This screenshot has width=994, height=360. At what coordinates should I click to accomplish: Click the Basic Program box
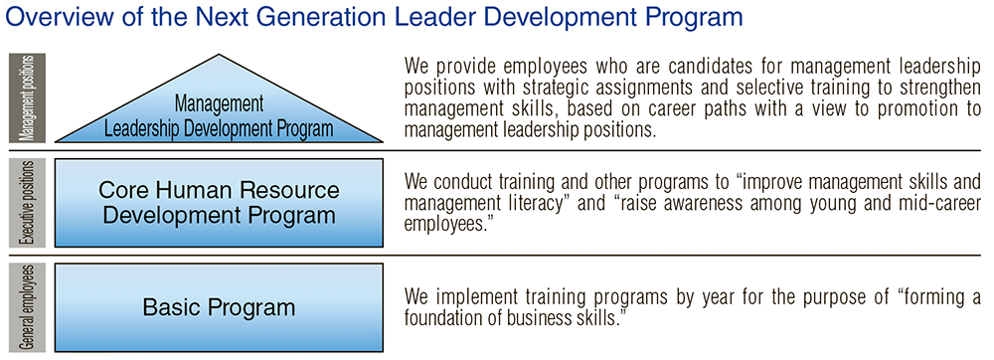[x=220, y=307]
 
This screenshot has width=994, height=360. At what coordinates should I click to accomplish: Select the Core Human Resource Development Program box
[x=220, y=202]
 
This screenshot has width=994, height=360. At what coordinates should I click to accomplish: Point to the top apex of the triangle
[x=220, y=55]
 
